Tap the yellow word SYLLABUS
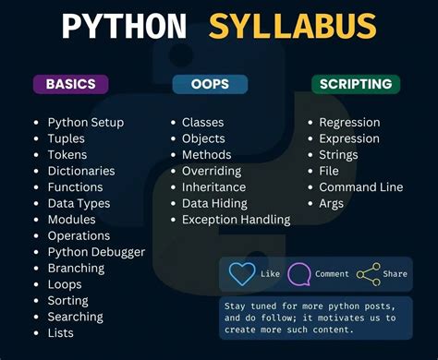[x=292, y=27]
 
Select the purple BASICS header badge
[x=70, y=84]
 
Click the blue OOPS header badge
[x=210, y=84]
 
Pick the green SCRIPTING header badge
[x=355, y=84]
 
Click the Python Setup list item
[x=85, y=122]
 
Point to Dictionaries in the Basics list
[x=81, y=171]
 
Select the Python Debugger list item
[x=96, y=252]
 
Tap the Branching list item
[x=76, y=269]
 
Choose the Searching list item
[x=75, y=317]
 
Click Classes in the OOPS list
[x=202, y=122]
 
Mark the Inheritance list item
[x=213, y=187]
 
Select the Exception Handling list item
[x=236, y=220]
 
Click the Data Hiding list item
[x=214, y=203]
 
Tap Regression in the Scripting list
[x=349, y=122]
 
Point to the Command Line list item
[x=360, y=187]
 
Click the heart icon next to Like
[x=242, y=274]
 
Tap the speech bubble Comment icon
[x=299, y=274]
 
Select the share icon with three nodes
[x=368, y=274]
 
